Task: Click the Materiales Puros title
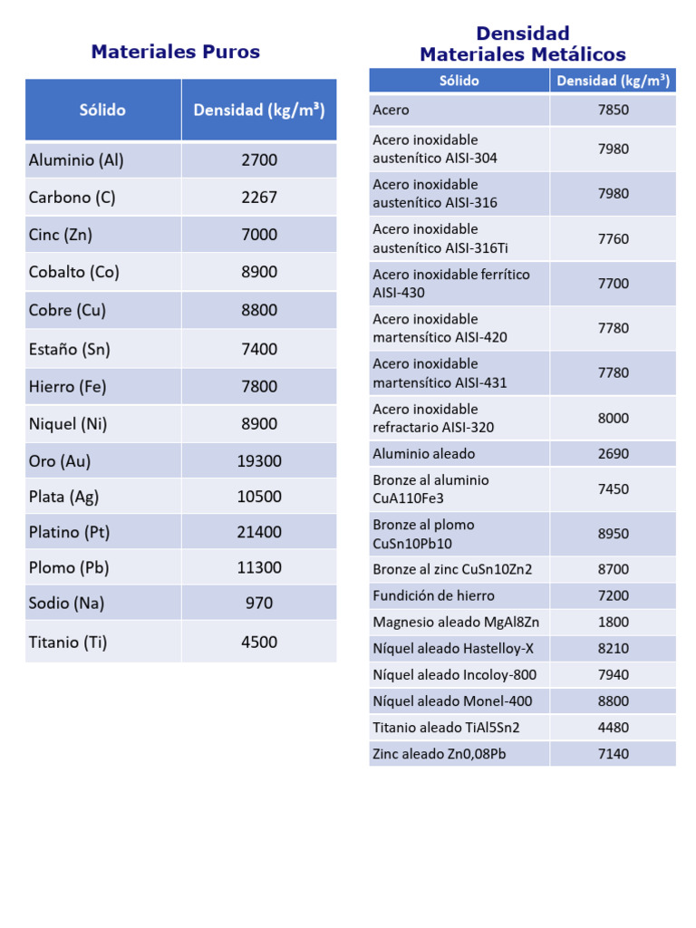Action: [x=175, y=52]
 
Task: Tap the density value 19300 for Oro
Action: [x=259, y=461]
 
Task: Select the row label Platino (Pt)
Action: [x=70, y=532]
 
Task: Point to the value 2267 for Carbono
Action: [x=259, y=198]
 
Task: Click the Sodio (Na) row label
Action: [x=66, y=604]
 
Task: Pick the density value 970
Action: [x=259, y=604]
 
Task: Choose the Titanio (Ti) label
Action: [x=68, y=643]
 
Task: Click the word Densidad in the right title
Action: [x=523, y=34]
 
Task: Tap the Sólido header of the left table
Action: [x=102, y=111]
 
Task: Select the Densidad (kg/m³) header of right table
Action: [x=614, y=81]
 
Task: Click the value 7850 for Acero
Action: [x=614, y=111]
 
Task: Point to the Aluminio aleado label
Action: [x=423, y=454]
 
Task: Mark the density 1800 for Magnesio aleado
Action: [x=614, y=623]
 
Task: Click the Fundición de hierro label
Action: [x=433, y=596]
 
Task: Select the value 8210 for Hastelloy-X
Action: [x=614, y=649]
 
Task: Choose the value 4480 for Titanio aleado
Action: [x=614, y=728]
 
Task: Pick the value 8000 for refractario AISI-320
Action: [x=614, y=419]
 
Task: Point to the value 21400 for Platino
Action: [x=259, y=533]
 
